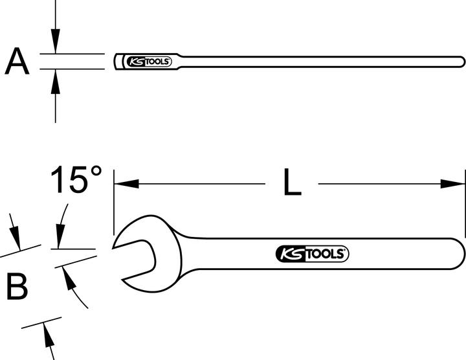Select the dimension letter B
(x=17, y=286)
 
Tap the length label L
(x=292, y=184)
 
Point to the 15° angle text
(x=76, y=180)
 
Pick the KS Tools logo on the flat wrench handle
(x=313, y=254)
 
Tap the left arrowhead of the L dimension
(x=123, y=184)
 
